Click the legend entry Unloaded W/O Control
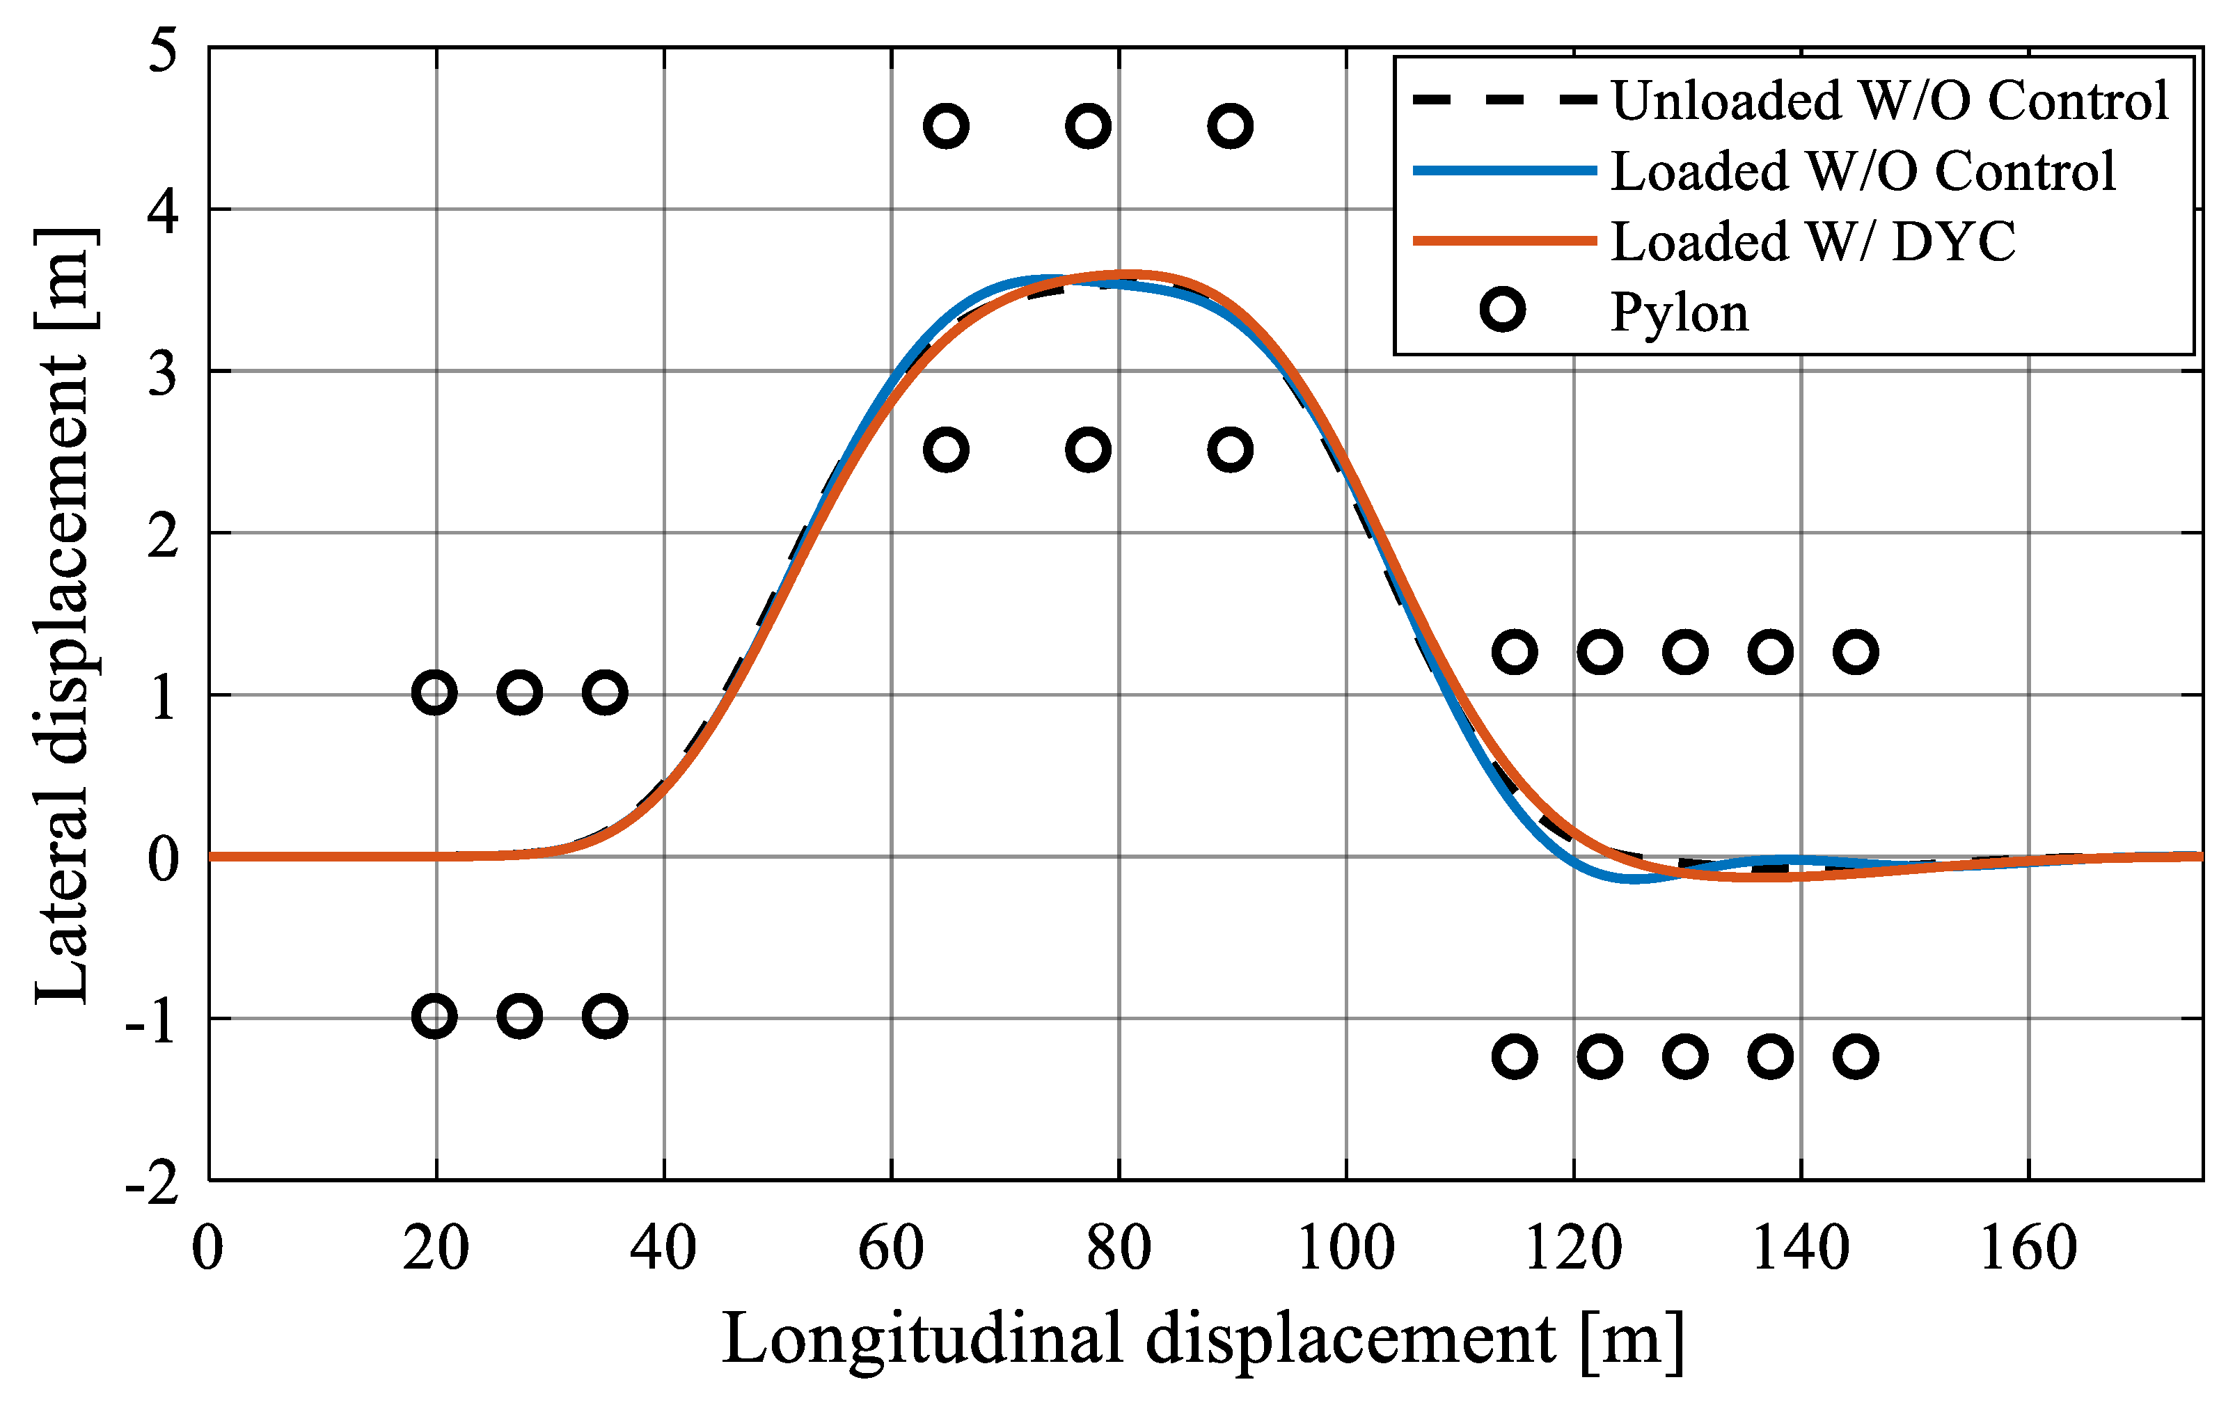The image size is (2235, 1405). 1889,100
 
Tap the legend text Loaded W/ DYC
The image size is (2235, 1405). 1813,241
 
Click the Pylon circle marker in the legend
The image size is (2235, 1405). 1503,310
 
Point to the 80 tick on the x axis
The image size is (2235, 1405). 1119,1249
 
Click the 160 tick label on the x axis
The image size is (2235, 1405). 2028,1249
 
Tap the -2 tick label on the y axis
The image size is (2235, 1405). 153,1182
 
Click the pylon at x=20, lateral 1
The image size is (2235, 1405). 434,693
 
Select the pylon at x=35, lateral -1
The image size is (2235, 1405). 605,1016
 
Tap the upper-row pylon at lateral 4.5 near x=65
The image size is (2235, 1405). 946,126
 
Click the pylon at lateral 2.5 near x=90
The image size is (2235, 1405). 1231,450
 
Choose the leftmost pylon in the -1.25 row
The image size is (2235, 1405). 1515,1057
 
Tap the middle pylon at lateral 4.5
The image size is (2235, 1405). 1089,126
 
